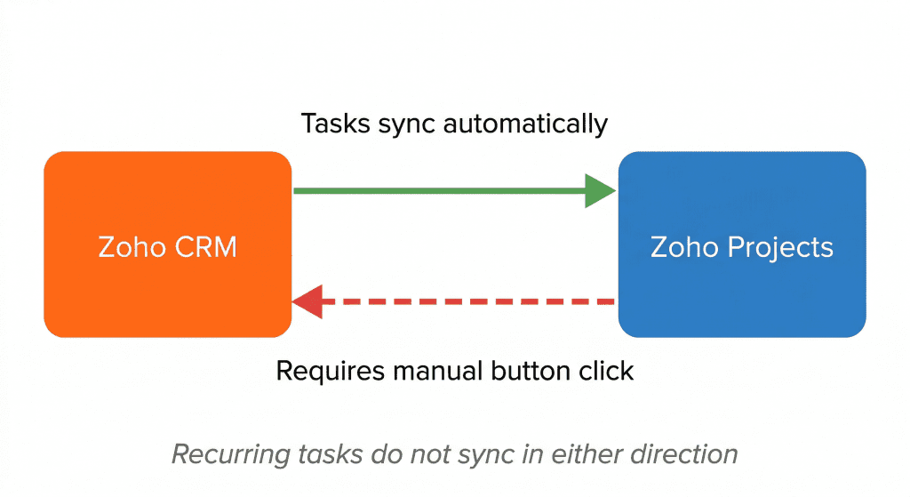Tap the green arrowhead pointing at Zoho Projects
[x=600, y=190]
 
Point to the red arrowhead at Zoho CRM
[x=307, y=302]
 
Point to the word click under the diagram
[x=609, y=370]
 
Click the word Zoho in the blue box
[x=682, y=246]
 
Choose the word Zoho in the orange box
[x=127, y=246]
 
